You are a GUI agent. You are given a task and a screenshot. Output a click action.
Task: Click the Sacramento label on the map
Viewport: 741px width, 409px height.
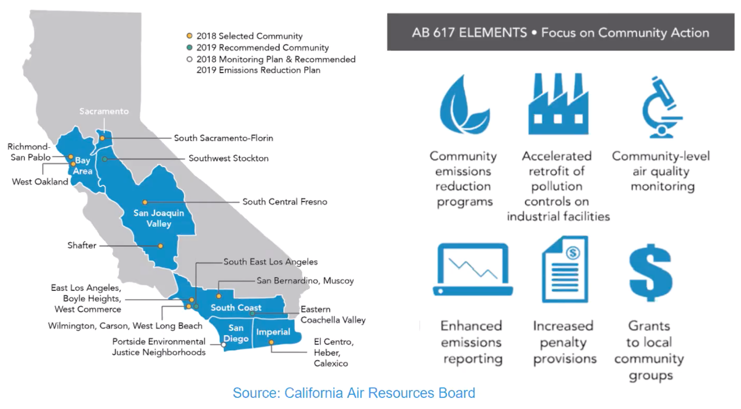coord(104,111)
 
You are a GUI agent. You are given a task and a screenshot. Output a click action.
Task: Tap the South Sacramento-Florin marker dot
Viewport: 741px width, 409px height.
coord(102,138)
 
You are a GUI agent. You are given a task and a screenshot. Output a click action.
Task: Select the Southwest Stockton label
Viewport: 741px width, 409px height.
coord(228,158)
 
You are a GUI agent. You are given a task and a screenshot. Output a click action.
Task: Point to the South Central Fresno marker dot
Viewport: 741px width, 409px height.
coord(145,202)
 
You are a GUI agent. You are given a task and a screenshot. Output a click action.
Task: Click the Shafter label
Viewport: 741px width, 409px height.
coord(82,245)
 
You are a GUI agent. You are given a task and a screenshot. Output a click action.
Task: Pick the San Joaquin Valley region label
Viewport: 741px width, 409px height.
coord(159,218)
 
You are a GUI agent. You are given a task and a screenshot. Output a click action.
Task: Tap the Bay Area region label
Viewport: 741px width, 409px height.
coord(83,166)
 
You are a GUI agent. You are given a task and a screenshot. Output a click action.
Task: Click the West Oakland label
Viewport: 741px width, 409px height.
coord(40,182)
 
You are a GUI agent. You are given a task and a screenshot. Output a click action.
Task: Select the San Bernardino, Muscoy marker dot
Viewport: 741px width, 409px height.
coord(219,296)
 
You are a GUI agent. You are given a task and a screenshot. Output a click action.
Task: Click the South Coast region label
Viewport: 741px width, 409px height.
coord(236,308)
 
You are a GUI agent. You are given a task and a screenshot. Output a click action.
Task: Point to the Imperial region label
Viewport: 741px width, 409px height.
coord(273,332)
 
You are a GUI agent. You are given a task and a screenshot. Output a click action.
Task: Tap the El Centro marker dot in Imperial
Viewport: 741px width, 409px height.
coord(271,343)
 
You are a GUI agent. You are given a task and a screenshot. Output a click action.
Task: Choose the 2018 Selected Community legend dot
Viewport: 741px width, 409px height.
coord(189,36)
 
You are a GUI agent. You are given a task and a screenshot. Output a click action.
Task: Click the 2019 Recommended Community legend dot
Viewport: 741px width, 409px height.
coord(189,47)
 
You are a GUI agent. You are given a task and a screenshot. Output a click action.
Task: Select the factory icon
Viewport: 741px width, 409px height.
coord(558,105)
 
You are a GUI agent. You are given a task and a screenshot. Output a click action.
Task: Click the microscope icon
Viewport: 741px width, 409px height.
coord(662,107)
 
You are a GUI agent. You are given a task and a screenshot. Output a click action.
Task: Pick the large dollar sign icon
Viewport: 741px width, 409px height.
coord(650,273)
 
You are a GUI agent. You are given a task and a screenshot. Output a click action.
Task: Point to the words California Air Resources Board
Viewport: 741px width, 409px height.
coord(380,393)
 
